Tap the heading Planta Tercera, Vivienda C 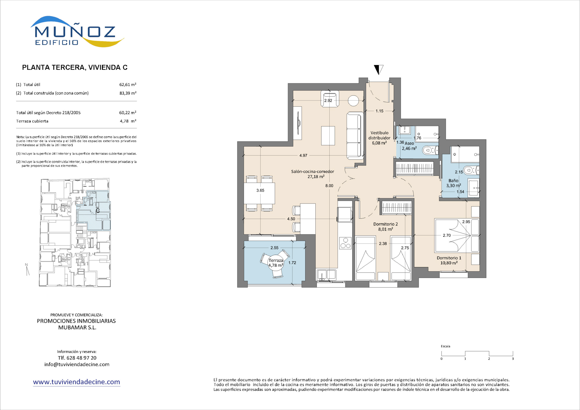coord(75,68)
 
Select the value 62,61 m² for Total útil coord(128,85)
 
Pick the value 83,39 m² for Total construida coord(128,93)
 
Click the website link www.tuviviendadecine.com coord(77,382)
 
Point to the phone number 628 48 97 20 coord(82,358)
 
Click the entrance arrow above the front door coord(379,70)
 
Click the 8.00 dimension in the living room coord(329,186)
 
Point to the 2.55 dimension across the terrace coord(275,248)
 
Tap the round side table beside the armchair coord(353,101)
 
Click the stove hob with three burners coord(345,243)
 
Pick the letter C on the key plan coord(98,211)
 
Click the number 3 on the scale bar coord(513,359)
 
